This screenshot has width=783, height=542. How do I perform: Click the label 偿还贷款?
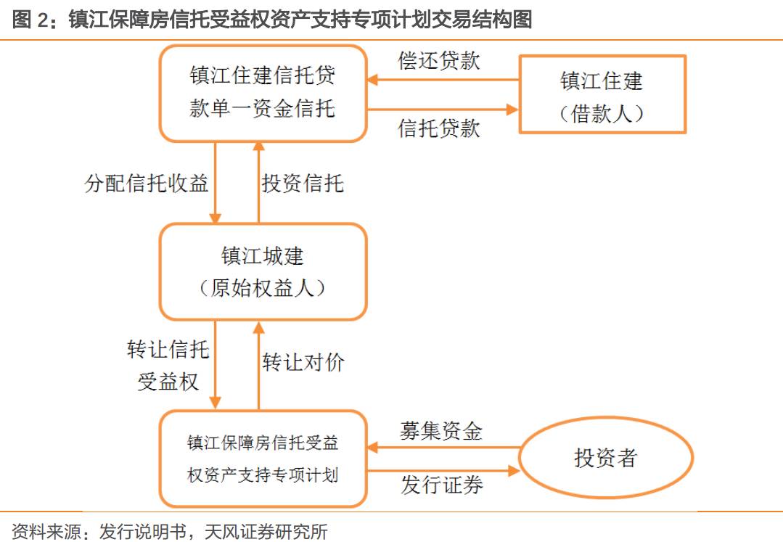point(439,61)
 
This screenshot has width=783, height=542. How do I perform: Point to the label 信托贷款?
point(439,128)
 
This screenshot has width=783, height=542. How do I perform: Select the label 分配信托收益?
point(147,183)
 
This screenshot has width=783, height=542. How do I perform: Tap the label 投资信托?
point(303,183)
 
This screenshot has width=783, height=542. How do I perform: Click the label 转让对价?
point(303,362)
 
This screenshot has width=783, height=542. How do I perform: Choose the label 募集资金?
point(441,431)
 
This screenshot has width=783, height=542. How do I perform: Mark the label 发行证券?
point(442,485)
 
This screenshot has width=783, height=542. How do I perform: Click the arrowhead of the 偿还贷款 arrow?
point(372,79)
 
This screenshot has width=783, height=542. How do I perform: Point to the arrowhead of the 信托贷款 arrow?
point(513,110)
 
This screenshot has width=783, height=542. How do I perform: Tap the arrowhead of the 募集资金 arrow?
point(372,447)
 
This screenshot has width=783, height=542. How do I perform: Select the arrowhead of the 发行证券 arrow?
point(514,471)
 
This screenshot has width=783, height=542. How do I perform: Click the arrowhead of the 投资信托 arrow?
point(258,147)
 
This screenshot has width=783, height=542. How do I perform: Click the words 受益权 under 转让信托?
point(168,382)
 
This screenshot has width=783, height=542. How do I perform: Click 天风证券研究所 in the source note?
point(266,532)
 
